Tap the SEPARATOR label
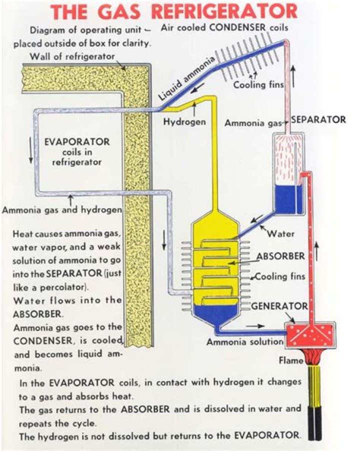tap(318, 119)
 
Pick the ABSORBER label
tap(280, 256)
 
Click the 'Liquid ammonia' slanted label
tap(188, 78)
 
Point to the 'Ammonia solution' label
tap(245, 342)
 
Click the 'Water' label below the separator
tap(280, 233)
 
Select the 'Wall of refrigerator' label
tap(72, 55)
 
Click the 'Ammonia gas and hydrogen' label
tap(62, 210)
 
